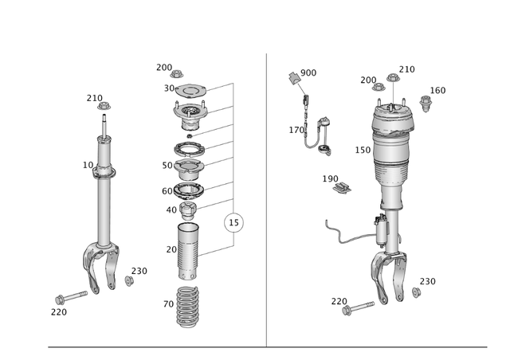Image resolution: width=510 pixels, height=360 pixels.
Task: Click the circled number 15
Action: tap(233, 222)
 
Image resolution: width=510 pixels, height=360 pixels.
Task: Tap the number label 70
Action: tap(168, 303)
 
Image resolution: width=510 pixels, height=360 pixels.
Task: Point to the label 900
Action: tap(308, 72)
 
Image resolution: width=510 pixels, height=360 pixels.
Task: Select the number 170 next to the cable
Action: tap(296, 130)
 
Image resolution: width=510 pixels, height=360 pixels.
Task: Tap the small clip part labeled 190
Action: tap(343, 188)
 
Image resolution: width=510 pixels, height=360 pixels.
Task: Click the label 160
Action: tap(437, 90)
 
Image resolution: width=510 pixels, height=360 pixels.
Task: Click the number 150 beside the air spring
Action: tap(363, 150)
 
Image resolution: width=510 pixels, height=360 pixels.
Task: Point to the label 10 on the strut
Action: tap(88, 165)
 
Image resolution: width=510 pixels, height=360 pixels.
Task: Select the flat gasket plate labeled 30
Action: tap(190, 89)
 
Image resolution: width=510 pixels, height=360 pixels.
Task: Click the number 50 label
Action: tap(167, 166)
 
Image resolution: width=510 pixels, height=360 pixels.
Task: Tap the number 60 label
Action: tap(167, 191)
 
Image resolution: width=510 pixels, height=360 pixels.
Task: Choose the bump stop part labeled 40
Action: tap(189, 212)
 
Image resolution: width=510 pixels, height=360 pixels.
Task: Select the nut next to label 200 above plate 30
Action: tap(177, 74)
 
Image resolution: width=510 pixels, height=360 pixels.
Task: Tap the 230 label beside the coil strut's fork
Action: tap(139, 271)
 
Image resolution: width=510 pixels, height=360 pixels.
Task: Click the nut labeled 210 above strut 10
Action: tap(103, 106)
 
